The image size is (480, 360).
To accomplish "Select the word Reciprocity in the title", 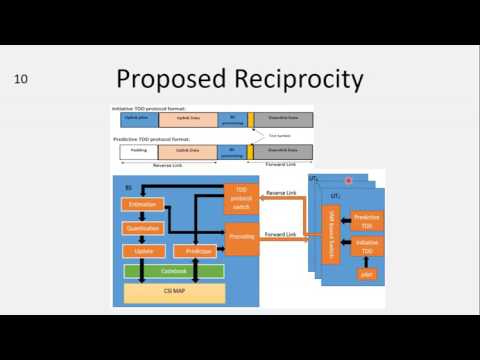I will click(x=296, y=78).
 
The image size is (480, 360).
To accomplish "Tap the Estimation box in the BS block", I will click(x=142, y=204).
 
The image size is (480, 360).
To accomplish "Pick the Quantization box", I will click(x=142, y=228).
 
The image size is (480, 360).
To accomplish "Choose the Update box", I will click(x=142, y=250).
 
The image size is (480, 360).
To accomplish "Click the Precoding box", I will click(x=241, y=237).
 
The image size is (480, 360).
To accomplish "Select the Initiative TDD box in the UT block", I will click(x=366, y=246).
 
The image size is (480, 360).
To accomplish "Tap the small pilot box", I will click(x=366, y=273).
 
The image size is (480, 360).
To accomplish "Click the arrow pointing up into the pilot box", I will click(x=366, y=261).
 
